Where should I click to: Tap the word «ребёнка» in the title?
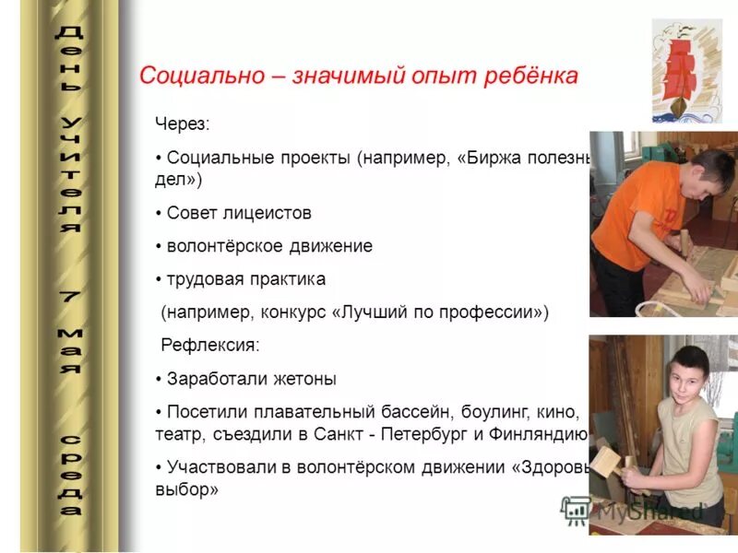[x=532, y=76]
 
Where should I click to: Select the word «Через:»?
[x=182, y=124]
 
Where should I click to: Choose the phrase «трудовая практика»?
[x=245, y=278]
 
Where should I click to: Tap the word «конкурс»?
[x=309, y=312]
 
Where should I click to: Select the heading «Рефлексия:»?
[x=210, y=346]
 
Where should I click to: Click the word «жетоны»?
[x=305, y=379]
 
